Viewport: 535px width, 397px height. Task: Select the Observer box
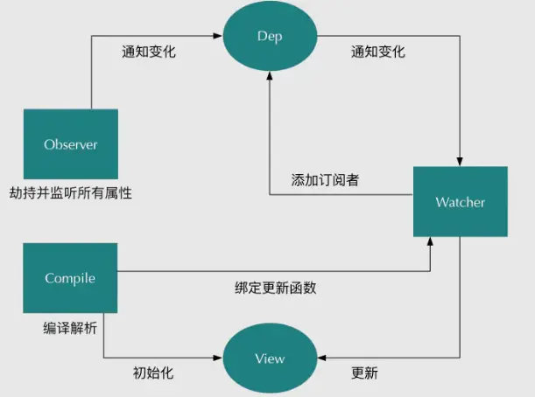pos(70,144)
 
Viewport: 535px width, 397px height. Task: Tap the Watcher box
pos(460,202)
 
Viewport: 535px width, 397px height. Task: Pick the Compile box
pos(70,278)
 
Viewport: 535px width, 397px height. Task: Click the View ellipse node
pos(270,359)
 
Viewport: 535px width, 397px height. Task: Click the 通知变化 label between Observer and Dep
pos(149,52)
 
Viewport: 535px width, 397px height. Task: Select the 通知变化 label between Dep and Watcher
pos(377,52)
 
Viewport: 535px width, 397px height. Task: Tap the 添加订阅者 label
pos(325,180)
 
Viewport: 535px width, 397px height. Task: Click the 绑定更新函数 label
pos(274,290)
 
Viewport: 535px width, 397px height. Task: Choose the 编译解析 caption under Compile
pos(70,328)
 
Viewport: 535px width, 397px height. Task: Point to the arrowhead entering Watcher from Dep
pos(460,163)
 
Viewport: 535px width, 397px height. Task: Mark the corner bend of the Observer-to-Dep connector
pos(91,37)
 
